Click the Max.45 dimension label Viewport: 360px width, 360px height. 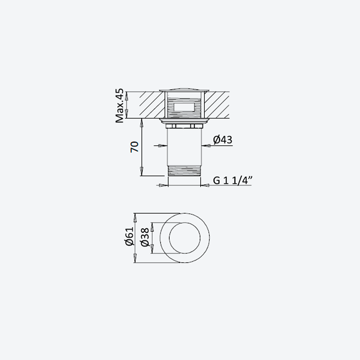tap(119, 106)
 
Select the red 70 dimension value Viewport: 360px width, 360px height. tap(135, 147)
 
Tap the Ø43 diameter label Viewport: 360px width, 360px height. tap(222, 139)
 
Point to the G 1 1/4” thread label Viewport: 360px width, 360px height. tap(233, 180)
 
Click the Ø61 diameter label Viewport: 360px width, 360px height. tap(130, 237)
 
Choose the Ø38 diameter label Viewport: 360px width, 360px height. tap(145, 238)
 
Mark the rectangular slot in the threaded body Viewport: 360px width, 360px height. tap(184, 108)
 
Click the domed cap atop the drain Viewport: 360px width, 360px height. tap(184, 90)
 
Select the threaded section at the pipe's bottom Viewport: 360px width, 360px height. tap(184, 171)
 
